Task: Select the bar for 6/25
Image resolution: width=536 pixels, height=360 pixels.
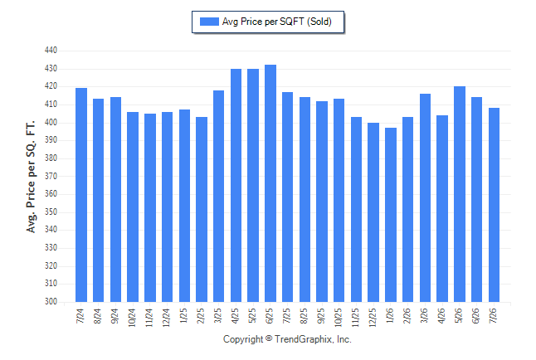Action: pos(270,183)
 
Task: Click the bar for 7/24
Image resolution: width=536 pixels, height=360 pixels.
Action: pos(81,195)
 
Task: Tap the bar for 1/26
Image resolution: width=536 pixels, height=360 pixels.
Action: pos(391,215)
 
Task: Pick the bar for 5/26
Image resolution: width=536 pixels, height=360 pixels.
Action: pos(460,194)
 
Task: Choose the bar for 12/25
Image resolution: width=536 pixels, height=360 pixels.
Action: pos(373,212)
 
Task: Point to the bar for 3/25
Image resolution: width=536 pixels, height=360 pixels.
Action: pos(218,197)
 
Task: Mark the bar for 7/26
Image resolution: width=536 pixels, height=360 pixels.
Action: pos(494,205)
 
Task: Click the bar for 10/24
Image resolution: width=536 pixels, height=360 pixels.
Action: pos(133,207)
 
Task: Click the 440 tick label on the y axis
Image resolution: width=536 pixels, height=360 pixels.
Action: pos(51,51)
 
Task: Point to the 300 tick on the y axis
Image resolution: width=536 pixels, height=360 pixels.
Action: pos(51,302)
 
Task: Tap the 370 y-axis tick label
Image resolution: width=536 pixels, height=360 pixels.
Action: pos(51,176)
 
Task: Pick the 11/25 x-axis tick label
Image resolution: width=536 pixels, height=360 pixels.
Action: pos(356,318)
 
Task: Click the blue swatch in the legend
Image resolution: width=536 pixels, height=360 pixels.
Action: pos(209,22)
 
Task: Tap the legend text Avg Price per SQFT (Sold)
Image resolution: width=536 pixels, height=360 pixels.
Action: pos(277,22)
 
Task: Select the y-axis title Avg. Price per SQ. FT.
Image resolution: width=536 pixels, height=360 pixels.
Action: pos(31,177)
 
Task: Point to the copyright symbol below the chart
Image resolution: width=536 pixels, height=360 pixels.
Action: pos(269,338)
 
